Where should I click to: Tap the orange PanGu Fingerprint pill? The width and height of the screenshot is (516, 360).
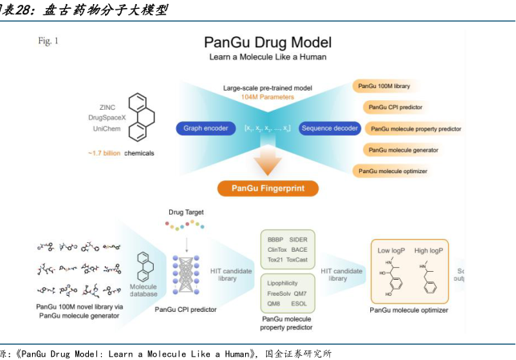click(268, 189)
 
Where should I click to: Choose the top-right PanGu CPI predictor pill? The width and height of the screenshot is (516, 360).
click(396, 107)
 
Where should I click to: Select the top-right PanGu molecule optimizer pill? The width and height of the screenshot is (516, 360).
click(397, 171)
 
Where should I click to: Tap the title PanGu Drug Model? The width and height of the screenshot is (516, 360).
click(268, 42)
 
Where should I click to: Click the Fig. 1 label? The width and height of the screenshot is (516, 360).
click(48, 40)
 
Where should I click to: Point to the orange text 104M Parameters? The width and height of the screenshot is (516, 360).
click(268, 97)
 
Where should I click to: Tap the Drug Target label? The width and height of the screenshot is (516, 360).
click(187, 212)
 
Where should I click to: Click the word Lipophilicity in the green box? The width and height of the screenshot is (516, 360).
click(288, 282)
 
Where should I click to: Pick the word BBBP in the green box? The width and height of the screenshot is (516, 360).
click(276, 240)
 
